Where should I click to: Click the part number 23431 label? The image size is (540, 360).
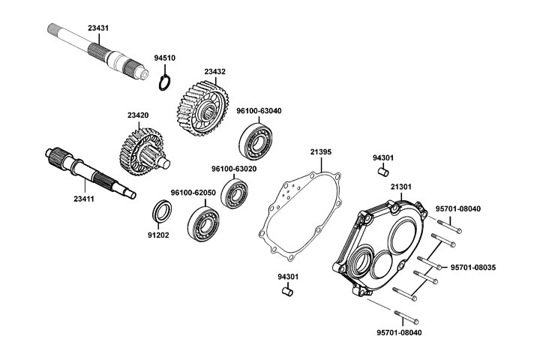(x=98, y=28)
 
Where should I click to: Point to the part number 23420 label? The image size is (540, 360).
(x=138, y=115)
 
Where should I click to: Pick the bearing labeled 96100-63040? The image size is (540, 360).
(x=258, y=140)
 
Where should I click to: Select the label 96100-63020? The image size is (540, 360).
(x=234, y=169)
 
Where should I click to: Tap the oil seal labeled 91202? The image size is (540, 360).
(x=160, y=211)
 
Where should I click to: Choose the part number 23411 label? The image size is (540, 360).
(x=84, y=199)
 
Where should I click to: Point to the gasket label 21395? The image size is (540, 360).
(x=321, y=151)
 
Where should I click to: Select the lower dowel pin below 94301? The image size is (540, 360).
(x=286, y=291)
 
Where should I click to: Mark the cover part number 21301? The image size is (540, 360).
(x=401, y=186)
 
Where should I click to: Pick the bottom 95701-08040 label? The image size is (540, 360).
(x=398, y=331)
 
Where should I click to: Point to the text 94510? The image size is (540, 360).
(x=165, y=58)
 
